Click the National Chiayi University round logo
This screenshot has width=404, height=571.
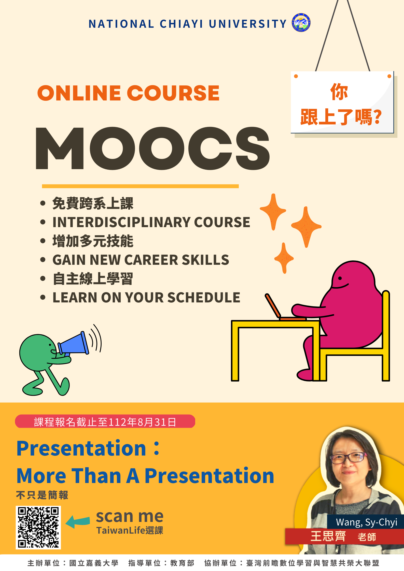point(301,23)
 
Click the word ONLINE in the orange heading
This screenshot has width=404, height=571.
point(79,93)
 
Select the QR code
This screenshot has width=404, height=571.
point(38,527)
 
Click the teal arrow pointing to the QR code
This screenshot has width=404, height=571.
point(78,521)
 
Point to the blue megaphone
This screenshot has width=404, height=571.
point(73,344)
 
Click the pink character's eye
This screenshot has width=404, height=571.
point(340,278)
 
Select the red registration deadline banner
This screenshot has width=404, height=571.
point(105,421)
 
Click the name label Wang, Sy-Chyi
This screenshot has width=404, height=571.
point(366,522)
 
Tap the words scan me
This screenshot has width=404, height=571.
point(130,516)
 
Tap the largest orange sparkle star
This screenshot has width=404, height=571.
point(306,226)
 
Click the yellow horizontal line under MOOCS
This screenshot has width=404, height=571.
point(140,186)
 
